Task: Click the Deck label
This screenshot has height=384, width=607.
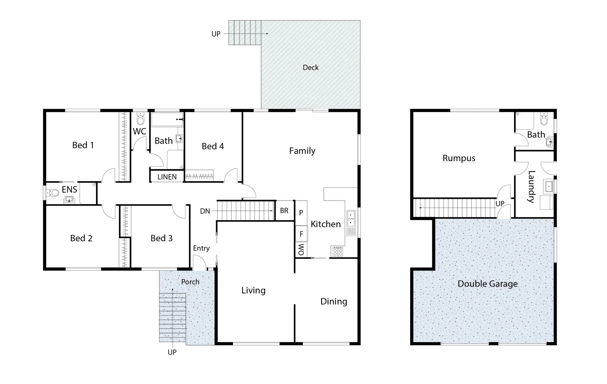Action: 311,68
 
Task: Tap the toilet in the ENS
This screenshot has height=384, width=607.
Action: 53,193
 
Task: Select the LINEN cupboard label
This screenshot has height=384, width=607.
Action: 167,177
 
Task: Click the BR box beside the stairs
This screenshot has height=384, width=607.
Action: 284,210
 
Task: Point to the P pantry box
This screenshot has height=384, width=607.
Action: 301,213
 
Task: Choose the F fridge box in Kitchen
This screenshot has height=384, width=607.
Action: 301,234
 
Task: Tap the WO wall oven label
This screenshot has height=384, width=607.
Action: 301,249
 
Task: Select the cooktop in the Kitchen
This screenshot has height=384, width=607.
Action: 337,251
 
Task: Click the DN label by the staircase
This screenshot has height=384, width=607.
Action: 205,211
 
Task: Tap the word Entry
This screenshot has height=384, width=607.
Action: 201,248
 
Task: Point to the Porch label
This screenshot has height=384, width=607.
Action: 190,282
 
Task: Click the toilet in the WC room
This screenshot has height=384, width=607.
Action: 141,119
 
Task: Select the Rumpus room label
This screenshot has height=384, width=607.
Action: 459,158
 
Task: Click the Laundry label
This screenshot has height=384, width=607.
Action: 531,187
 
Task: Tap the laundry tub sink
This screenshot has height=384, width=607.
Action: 548,186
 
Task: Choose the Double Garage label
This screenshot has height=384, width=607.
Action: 487,284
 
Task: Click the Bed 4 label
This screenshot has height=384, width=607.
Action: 213,146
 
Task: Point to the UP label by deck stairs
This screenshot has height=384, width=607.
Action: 216,34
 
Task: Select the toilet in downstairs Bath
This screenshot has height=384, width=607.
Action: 544,119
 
